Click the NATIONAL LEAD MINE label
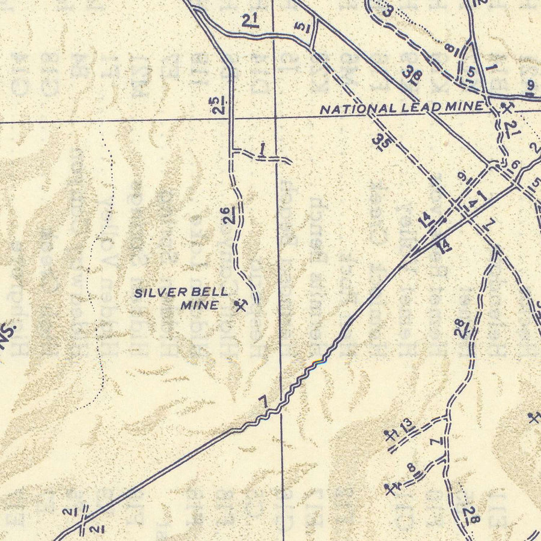(x=402, y=108)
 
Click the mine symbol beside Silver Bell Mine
(x=241, y=307)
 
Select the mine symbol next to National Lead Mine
(x=507, y=109)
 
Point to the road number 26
(x=225, y=215)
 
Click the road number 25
(x=222, y=105)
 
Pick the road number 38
(x=412, y=75)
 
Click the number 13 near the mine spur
(x=408, y=425)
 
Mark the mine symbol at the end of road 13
(x=391, y=435)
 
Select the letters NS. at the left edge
(x=9, y=333)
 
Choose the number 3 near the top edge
(x=388, y=10)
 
